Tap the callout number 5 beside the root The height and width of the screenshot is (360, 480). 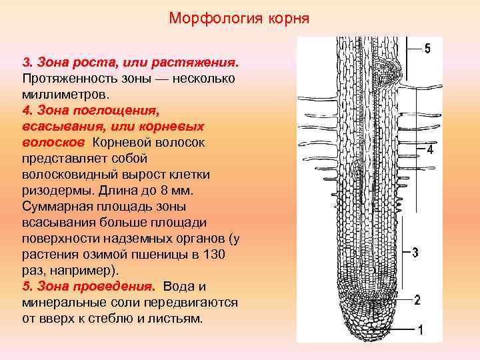427,49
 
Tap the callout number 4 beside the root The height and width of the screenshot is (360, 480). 430,151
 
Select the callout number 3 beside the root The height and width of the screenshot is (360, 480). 415,253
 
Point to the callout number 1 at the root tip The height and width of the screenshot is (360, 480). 420,329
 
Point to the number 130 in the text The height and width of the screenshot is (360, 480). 215,255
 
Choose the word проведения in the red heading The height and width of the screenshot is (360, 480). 117,287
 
